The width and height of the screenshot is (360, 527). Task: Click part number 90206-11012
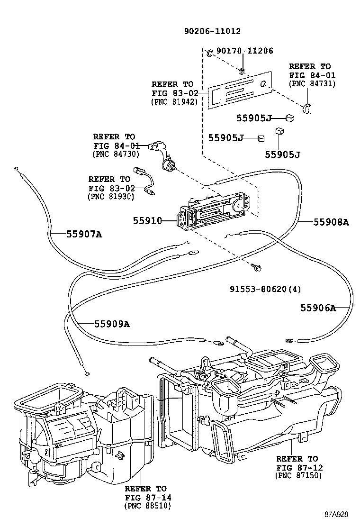tap(212, 31)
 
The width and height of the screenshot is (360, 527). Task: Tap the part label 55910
tap(147, 221)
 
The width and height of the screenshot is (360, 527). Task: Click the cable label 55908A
tap(331, 221)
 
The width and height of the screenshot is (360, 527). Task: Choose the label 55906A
tap(318, 308)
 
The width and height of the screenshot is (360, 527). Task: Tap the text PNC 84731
tap(312, 83)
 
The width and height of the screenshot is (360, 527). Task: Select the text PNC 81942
tap(174, 101)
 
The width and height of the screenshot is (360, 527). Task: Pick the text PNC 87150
tap(298, 475)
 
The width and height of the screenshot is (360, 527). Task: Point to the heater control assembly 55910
tap(213, 209)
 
